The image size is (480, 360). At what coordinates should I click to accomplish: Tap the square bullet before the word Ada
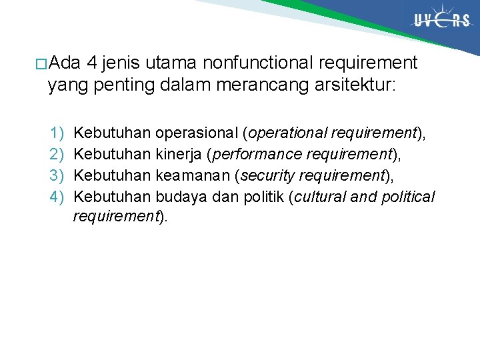[x=41, y=65]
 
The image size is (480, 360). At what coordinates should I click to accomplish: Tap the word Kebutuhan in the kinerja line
[x=112, y=155]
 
